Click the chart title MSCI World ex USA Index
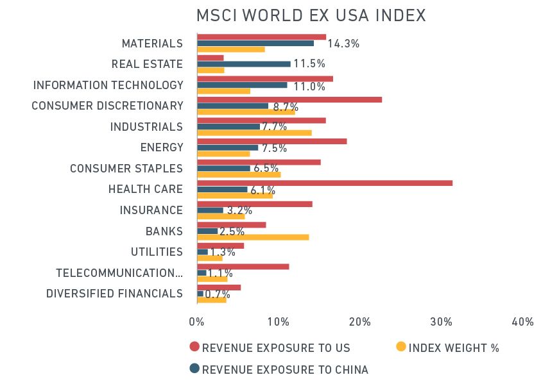[311, 15]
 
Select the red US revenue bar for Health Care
[324, 183]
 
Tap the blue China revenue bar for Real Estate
[243, 64]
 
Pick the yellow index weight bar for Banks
[253, 237]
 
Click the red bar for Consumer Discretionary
[289, 99]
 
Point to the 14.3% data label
[343, 44]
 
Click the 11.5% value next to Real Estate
[309, 64]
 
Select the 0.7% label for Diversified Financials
[218, 294]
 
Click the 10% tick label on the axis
[278, 322]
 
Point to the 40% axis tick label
[523, 322]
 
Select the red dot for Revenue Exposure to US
[194, 347]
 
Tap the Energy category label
[161, 148]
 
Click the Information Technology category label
[108, 85]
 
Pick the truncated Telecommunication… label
[119, 273]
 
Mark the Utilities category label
[157, 252]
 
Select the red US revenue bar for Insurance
[254, 204]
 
